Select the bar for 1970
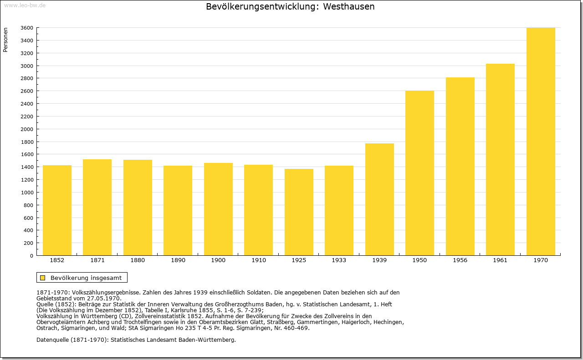(541, 142)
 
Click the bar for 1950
(419, 173)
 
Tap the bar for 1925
(299, 212)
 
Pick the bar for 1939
(379, 199)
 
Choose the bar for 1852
(57, 210)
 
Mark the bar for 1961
(500, 160)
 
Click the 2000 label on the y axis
(27, 129)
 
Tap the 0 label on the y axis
(31, 256)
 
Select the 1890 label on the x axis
(178, 260)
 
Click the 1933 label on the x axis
(339, 260)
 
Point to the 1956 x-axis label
(460, 260)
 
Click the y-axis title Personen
(5, 40)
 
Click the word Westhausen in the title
(349, 6)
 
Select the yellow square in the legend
(43, 278)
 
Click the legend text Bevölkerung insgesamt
(86, 278)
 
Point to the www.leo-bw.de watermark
(25, 5)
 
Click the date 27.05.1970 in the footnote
(104, 299)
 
